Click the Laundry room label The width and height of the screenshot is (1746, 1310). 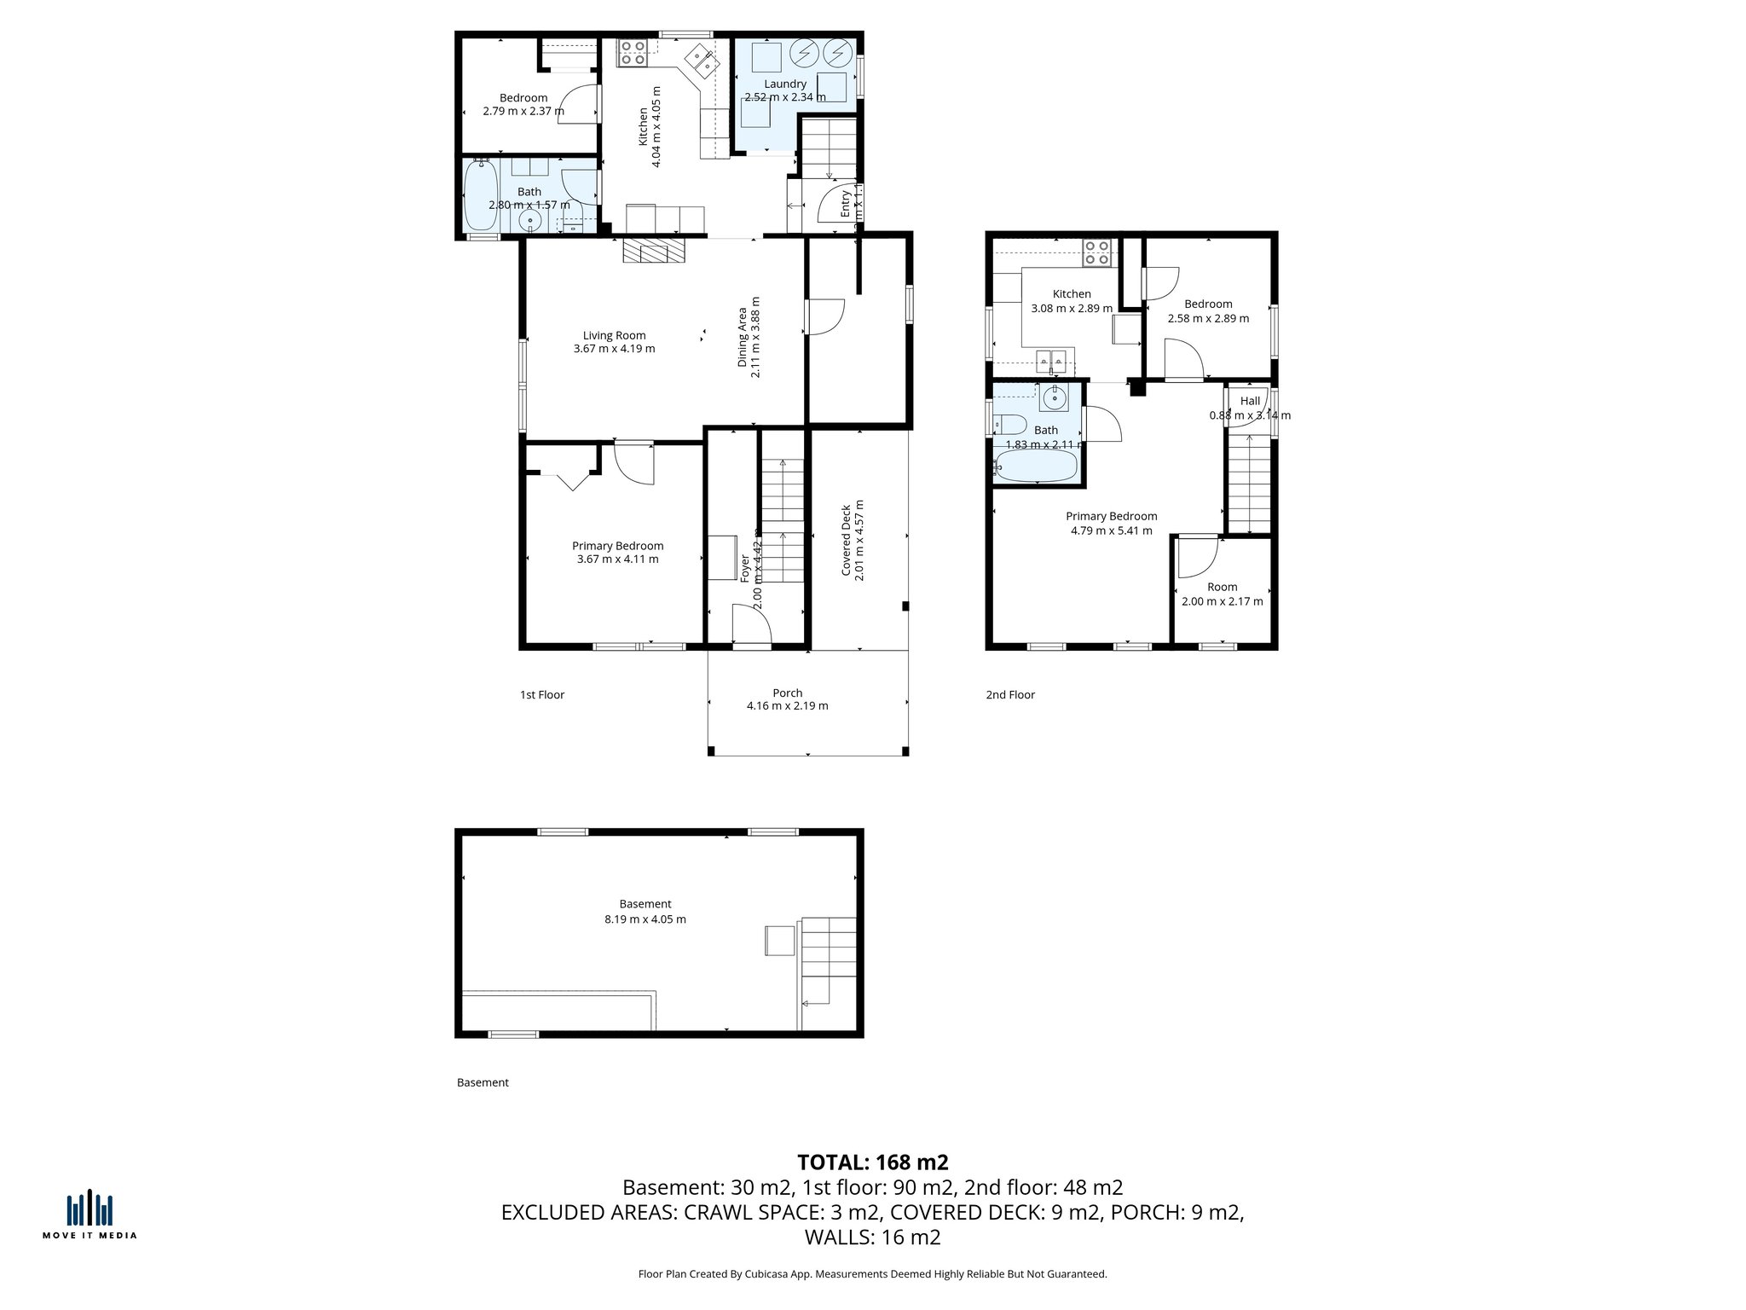[784, 84]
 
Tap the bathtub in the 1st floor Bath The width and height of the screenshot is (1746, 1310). [481, 196]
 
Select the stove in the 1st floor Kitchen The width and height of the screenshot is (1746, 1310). [632, 53]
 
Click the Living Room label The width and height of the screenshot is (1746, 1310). [614, 335]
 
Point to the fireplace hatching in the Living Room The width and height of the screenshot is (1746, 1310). [653, 251]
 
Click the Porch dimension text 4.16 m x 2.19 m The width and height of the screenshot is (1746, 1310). [787, 706]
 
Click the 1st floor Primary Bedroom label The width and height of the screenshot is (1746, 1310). [617, 546]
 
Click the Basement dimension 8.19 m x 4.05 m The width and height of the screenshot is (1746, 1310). [645, 919]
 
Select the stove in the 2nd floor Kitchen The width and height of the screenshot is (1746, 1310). [1097, 252]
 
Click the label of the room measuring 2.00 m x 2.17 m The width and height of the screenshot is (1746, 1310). [1222, 587]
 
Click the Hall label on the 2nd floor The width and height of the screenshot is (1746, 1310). [1250, 401]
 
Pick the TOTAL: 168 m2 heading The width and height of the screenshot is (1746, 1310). [872, 1162]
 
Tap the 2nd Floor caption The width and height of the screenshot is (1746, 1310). [1009, 695]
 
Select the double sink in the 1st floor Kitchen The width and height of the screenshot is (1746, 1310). [704, 61]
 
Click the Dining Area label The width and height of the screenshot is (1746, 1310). [743, 337]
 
